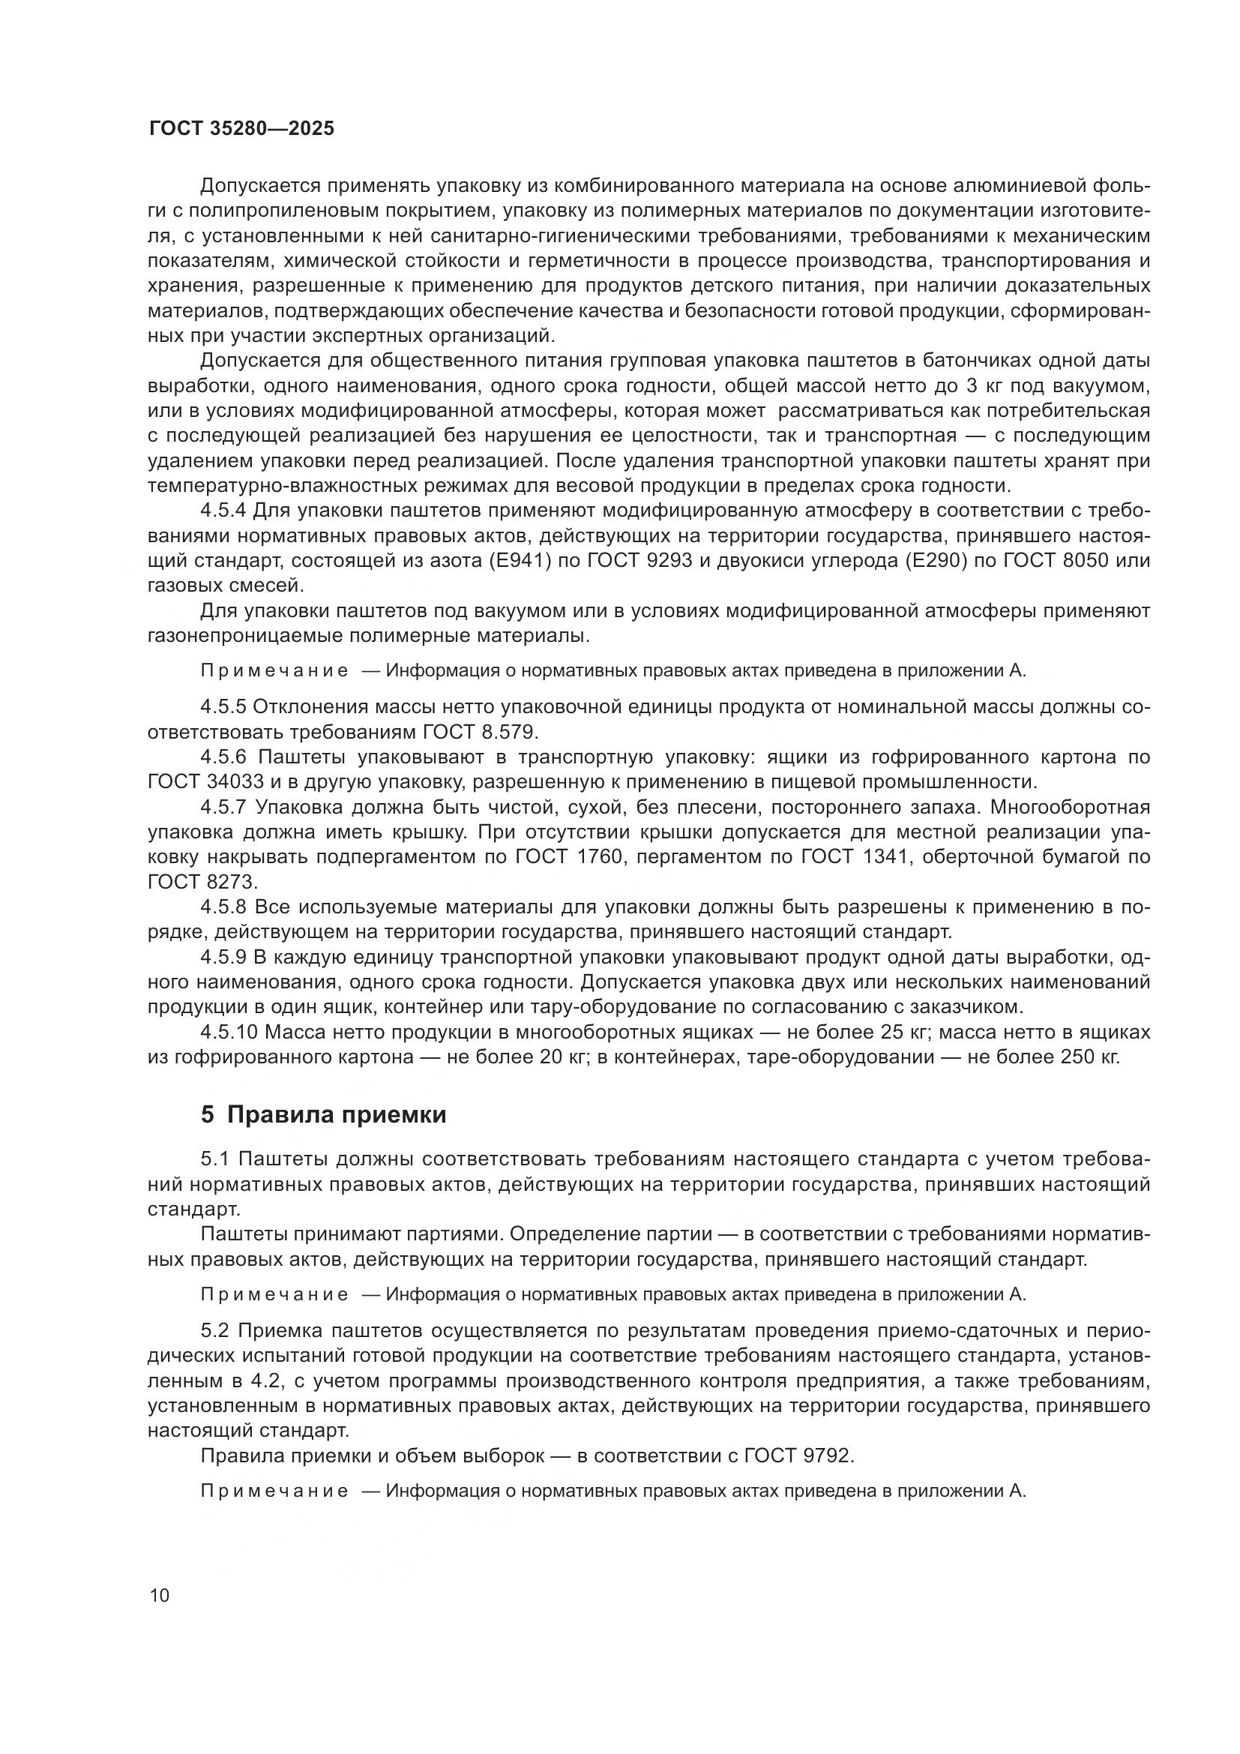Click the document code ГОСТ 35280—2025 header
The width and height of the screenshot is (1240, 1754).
[x=241, y=128]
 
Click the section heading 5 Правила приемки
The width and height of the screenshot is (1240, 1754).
[x=323, y=1114]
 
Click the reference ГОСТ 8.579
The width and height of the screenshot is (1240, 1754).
[x=481, y=732]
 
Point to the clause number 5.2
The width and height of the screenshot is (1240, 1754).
[x=214, y=1330]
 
